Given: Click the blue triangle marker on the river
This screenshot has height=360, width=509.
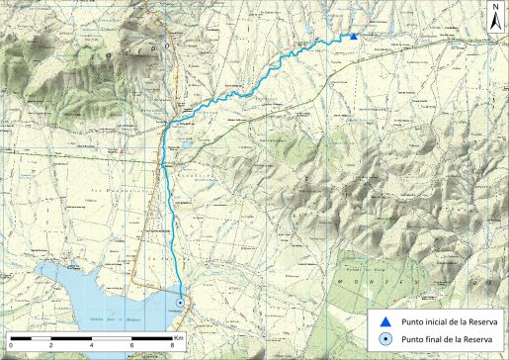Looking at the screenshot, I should tap(353, 37).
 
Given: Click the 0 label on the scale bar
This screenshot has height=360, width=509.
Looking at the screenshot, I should tap(10, 346).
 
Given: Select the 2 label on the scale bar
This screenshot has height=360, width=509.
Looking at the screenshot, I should tap(50, 346).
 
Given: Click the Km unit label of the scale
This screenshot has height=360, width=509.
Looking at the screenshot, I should tap(179, 336).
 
